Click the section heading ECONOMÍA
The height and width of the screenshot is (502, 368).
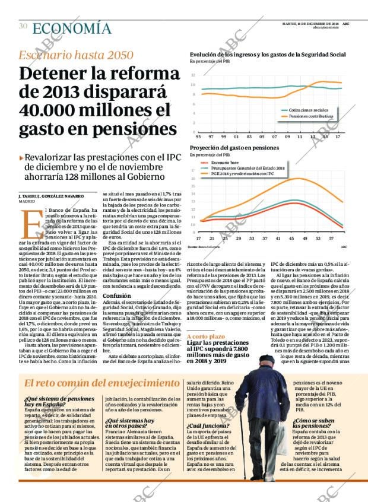71,28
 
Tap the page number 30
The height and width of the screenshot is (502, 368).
23,26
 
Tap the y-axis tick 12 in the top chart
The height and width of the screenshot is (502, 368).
193,75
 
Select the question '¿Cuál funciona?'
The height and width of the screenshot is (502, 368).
205,426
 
